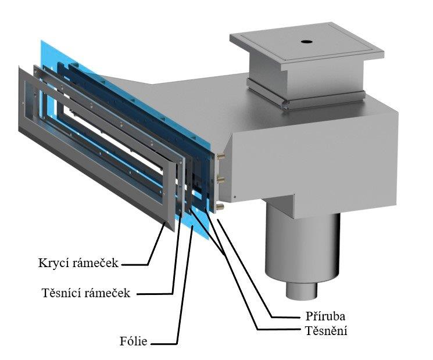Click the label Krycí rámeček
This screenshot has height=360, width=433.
coord(78,263)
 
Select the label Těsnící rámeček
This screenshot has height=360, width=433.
coord(85,293)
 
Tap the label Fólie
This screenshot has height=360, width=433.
coord(133,341)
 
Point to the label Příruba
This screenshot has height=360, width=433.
coord(325,316)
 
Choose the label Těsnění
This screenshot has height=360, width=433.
coord(326,331)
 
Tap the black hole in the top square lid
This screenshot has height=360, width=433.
coord(306,42)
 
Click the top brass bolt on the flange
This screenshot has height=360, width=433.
coord(220,156)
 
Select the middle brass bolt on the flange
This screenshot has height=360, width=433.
coord(220,180)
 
